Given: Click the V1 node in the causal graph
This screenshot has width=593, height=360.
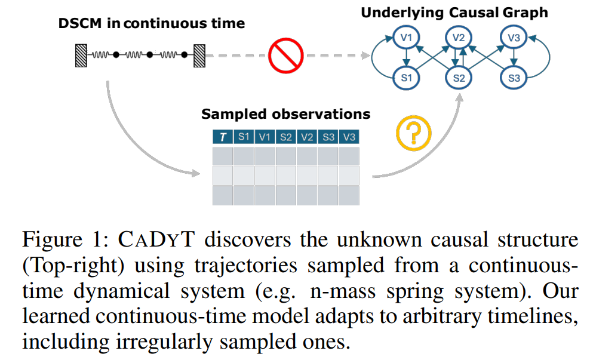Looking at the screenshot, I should point(407,38).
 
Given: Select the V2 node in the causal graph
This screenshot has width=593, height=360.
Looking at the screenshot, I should point(458,38).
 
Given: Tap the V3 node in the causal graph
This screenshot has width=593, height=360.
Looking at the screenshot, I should point(514,38).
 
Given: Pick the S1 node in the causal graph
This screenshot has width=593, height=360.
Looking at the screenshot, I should point(407,78).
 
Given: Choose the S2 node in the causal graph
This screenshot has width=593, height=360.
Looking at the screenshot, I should point(458,78).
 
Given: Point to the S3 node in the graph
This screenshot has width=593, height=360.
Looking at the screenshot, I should point(514,78).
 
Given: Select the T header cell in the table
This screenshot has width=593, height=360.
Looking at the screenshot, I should point(223,137).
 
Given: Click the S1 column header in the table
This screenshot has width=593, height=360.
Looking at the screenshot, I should point(244,137).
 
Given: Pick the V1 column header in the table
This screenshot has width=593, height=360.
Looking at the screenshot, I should point(265,137).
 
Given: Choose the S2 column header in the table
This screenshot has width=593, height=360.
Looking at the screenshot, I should point(286,137).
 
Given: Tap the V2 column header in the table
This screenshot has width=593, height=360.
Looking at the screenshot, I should point(307,137).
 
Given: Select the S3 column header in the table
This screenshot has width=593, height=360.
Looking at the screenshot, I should point(328,137).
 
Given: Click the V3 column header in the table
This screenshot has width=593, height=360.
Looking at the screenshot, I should point(349,137).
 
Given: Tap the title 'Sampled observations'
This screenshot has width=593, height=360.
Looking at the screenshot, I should point(285,114).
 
